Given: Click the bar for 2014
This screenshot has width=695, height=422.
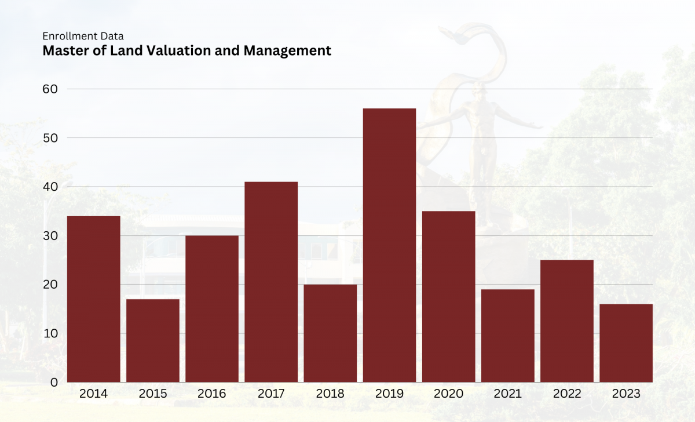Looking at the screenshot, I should (x=94, y=299).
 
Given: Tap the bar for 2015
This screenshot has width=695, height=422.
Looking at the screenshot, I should (x=153, y=340).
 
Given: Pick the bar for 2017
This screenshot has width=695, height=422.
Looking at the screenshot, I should (x=271, y=282).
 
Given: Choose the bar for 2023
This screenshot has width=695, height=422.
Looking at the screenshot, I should (x=625, y=343).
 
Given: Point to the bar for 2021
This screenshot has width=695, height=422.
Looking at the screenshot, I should (x=507, y=336).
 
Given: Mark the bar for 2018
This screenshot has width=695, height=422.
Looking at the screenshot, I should (x=330, y=333).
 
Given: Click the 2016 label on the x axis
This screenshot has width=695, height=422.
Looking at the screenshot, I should (x=212, y=394).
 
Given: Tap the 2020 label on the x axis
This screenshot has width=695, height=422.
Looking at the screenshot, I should (x=448, y=394).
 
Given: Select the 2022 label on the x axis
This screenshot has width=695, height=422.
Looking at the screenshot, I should (x=566, y=394).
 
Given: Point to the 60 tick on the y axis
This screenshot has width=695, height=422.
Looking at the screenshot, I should (x=50, y=89).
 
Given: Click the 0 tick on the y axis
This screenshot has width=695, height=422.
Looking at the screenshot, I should (x=54, y=383).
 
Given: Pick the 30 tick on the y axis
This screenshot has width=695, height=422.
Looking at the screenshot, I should (x=50, y=236).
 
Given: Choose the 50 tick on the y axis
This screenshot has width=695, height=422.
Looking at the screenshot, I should (x=50, y=138).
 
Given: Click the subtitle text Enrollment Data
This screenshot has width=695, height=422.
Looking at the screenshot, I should (x=83, y=37).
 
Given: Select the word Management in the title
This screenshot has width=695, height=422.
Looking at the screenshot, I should (x=287, y=51).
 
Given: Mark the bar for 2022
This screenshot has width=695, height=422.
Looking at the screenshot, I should (x=566, y=321).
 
